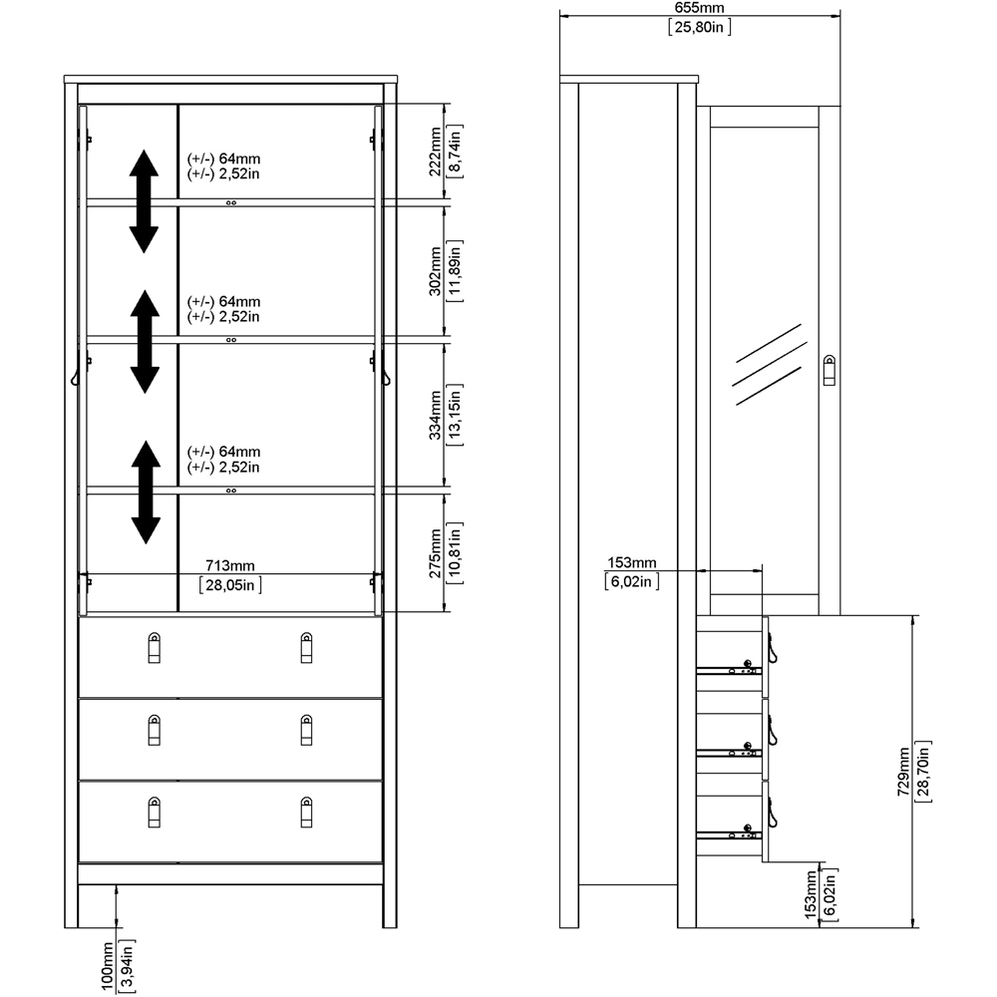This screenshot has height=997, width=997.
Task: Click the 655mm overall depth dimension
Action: (699, 7)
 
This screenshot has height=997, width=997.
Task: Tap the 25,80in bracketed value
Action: (699, 27)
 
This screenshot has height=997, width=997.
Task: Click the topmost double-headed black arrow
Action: (145, 201)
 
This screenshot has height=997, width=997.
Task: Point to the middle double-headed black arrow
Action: (145, 341)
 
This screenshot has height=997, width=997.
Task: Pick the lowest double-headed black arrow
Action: (146, 492)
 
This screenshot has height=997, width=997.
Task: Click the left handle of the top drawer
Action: (154, 648)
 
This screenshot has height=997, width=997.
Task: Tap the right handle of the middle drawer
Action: (306, 729)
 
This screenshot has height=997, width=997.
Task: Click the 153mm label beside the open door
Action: (630, 563)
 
